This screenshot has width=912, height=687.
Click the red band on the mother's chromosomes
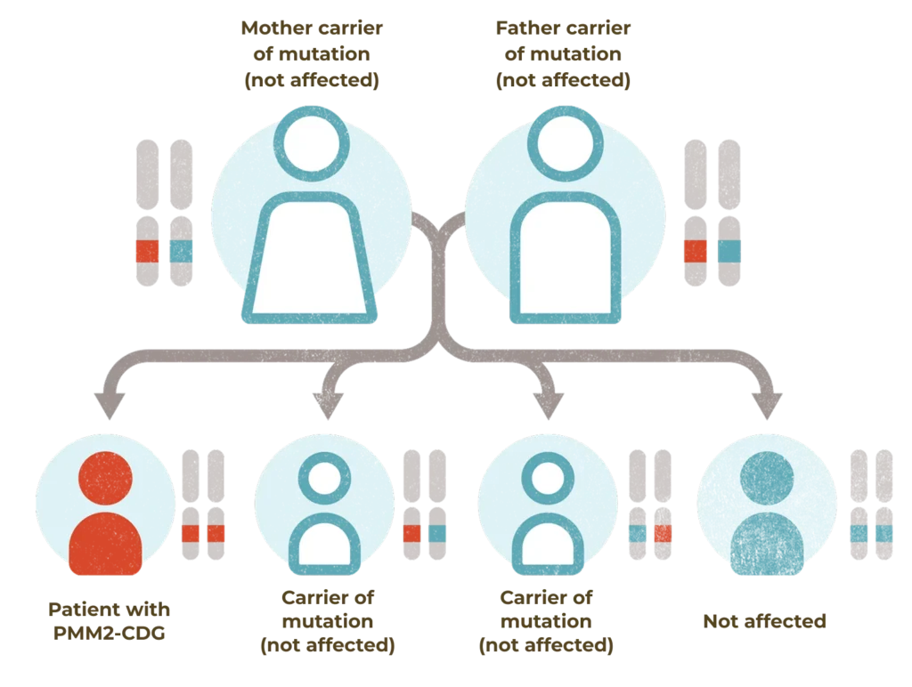147,251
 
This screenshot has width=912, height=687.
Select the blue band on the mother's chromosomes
181,251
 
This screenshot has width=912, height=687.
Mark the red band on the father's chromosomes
695,251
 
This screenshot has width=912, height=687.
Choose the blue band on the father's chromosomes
729,251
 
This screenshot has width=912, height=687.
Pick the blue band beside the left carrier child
436,533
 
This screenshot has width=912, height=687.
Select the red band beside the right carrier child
661,533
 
